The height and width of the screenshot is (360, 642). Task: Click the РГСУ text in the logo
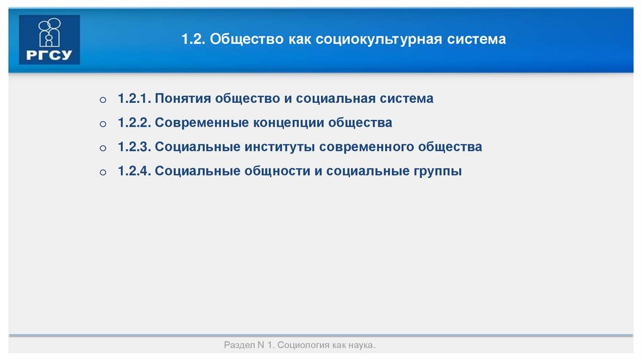click(x=50, y=55)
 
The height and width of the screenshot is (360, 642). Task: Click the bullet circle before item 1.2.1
click(x=103, y=100)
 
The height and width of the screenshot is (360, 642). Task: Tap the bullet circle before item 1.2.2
click(x=103, y=124)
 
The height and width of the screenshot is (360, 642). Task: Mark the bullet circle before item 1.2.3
click(x=103, y=149)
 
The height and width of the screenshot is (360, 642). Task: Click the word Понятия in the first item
click(x=182, y=99)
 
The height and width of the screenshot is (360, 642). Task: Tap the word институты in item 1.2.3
click(x=279, y=147)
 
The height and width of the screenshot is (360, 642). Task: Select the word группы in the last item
click(x=437, y=171)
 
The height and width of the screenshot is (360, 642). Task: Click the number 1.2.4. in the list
click(x=134, y=171)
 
